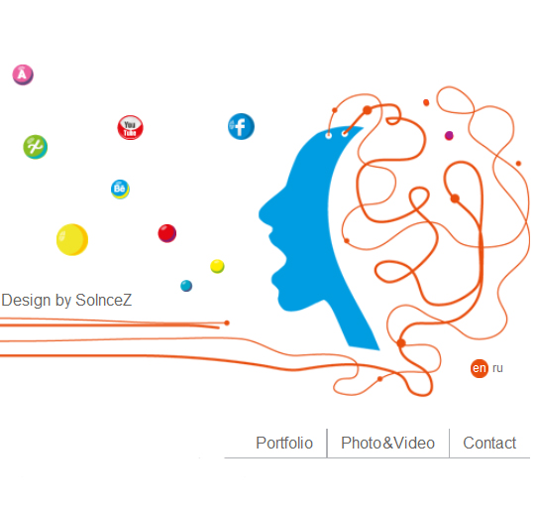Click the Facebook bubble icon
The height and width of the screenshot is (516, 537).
coord(241,127)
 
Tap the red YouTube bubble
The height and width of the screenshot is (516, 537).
coord(130,128)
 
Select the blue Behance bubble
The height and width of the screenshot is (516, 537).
coord(120,190)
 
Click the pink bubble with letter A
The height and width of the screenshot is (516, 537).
coord(23,74)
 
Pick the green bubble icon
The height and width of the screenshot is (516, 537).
coord(36,147)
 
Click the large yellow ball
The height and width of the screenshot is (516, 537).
coord(72,239)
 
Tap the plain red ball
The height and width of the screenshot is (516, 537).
coord(167,233)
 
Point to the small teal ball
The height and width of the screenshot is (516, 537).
coord(186,286)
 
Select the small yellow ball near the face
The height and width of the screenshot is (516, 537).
coord(217,266)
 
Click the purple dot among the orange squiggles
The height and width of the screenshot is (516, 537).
coord(449,136)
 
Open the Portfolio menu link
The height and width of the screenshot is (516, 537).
coord(284,443)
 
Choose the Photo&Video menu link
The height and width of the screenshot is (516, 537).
coord(387,443)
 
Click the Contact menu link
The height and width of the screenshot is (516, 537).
coord(489,443)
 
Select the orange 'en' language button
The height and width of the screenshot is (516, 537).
coord(480,368)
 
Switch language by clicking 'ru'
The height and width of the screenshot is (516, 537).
coord(497,368)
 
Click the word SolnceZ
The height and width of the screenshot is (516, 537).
coord(103,301)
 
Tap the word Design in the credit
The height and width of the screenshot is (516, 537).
coord(26,301)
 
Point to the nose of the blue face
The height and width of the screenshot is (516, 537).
coord(261,214)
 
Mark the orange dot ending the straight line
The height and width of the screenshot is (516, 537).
coord(227,322)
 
